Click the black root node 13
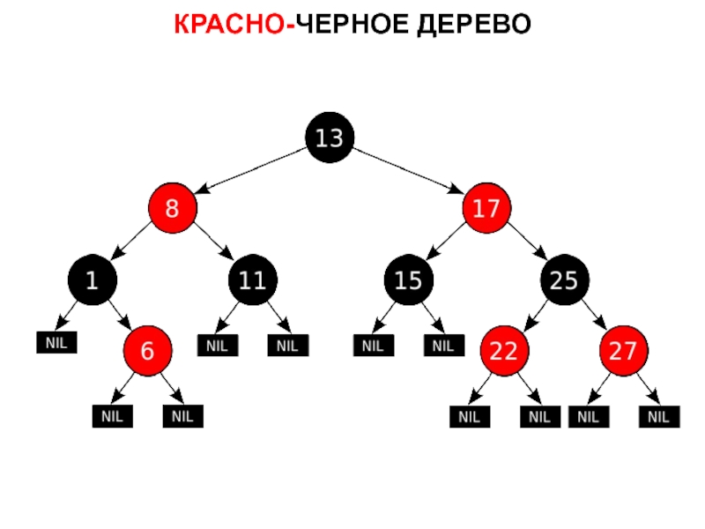(330, 138)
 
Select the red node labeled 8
(172, 209)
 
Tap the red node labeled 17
(486, 209)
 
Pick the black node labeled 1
(91, 280)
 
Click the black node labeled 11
(253, 280)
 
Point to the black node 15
(408, 280)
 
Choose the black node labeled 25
(564, 280)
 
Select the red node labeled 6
(148, 350)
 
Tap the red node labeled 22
(504, 350)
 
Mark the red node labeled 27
(624, 350)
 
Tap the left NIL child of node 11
(217, 346)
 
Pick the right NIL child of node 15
(443, 346)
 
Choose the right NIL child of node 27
(658, 415)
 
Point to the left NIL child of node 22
(469, 415)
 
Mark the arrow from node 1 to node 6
(120, 315)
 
